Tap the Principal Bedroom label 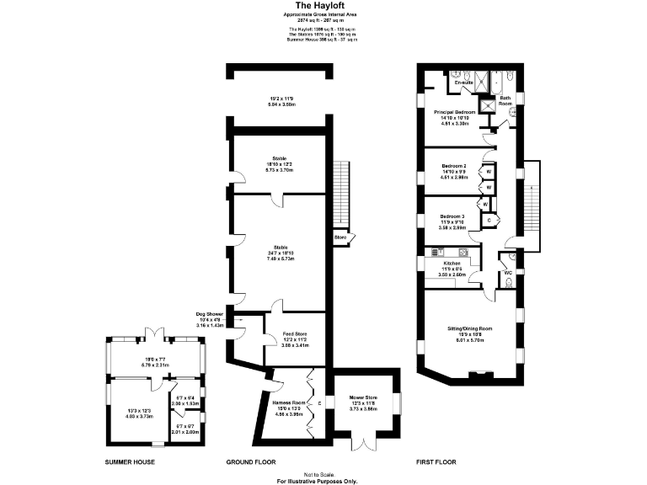pyautogui.click(x=455, y=111)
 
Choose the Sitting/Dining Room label pyautogui.click(x=470, y=328)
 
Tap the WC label pyautogui.click(x=508, y=273)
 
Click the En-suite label pyautogui.click(x=463, y=83)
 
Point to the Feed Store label pyautogui.click(x=295, y=334)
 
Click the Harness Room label pyautogui.click(x=289, y=402)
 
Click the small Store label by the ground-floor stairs pyautogui.click(x=340, y=237)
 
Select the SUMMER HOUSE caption pyautogui.click(x=129, y=462)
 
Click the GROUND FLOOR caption pyautogui.click(x=250, y=462)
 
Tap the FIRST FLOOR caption pyautogui.click(x=436, y=462)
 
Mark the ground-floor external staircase pyautogui.click(x=340, y=193)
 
